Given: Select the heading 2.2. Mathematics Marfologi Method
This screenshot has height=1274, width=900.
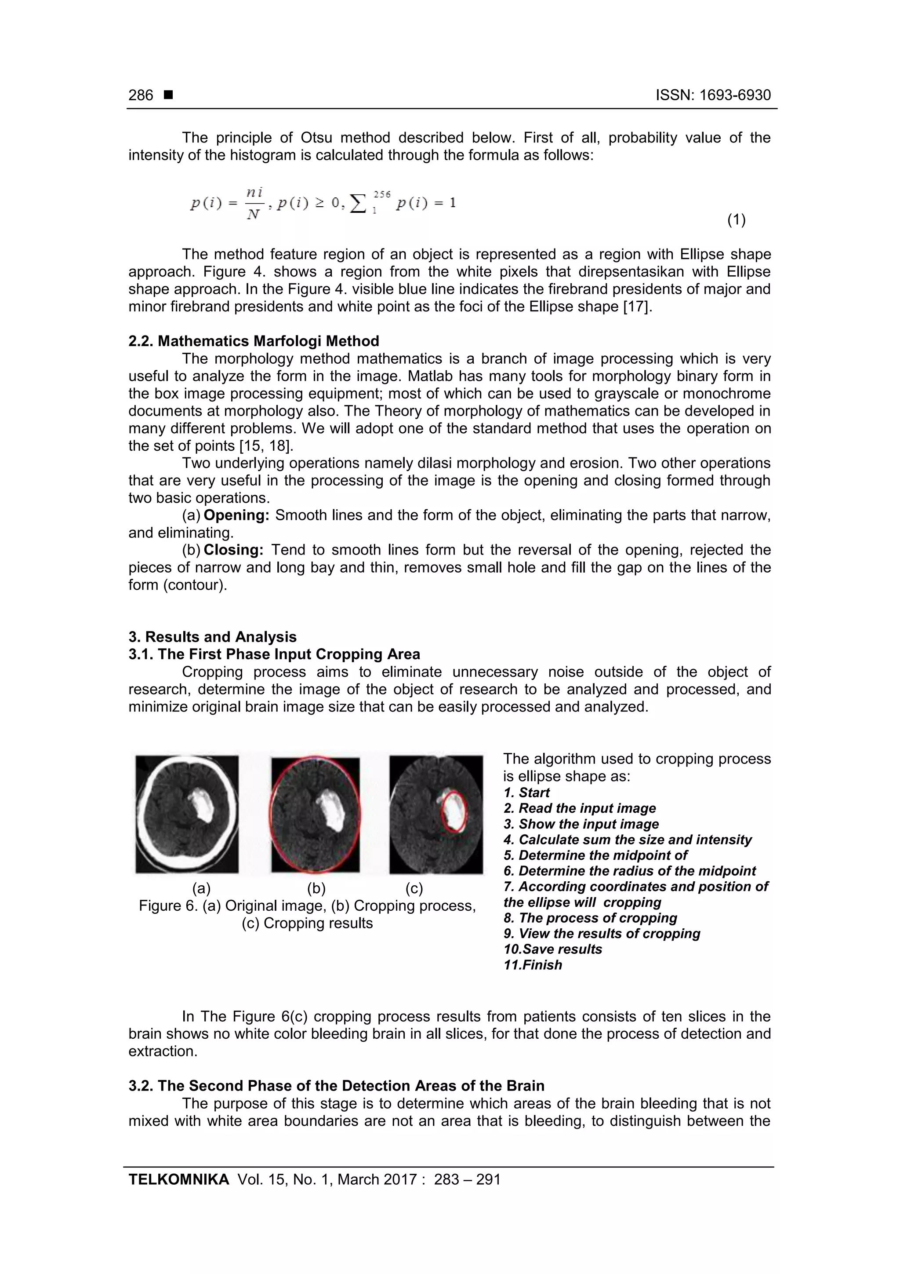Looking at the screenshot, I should (254, 341).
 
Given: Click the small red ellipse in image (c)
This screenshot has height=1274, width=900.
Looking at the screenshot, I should (454, 812).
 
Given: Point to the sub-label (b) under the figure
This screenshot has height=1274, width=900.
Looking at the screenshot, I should (316, 889).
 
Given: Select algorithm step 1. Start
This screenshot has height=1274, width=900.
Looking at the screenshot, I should (526, 793).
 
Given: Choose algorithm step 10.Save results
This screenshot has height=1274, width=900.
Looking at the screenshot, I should (552, 949).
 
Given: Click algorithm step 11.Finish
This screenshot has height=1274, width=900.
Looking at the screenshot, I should (532, 965).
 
